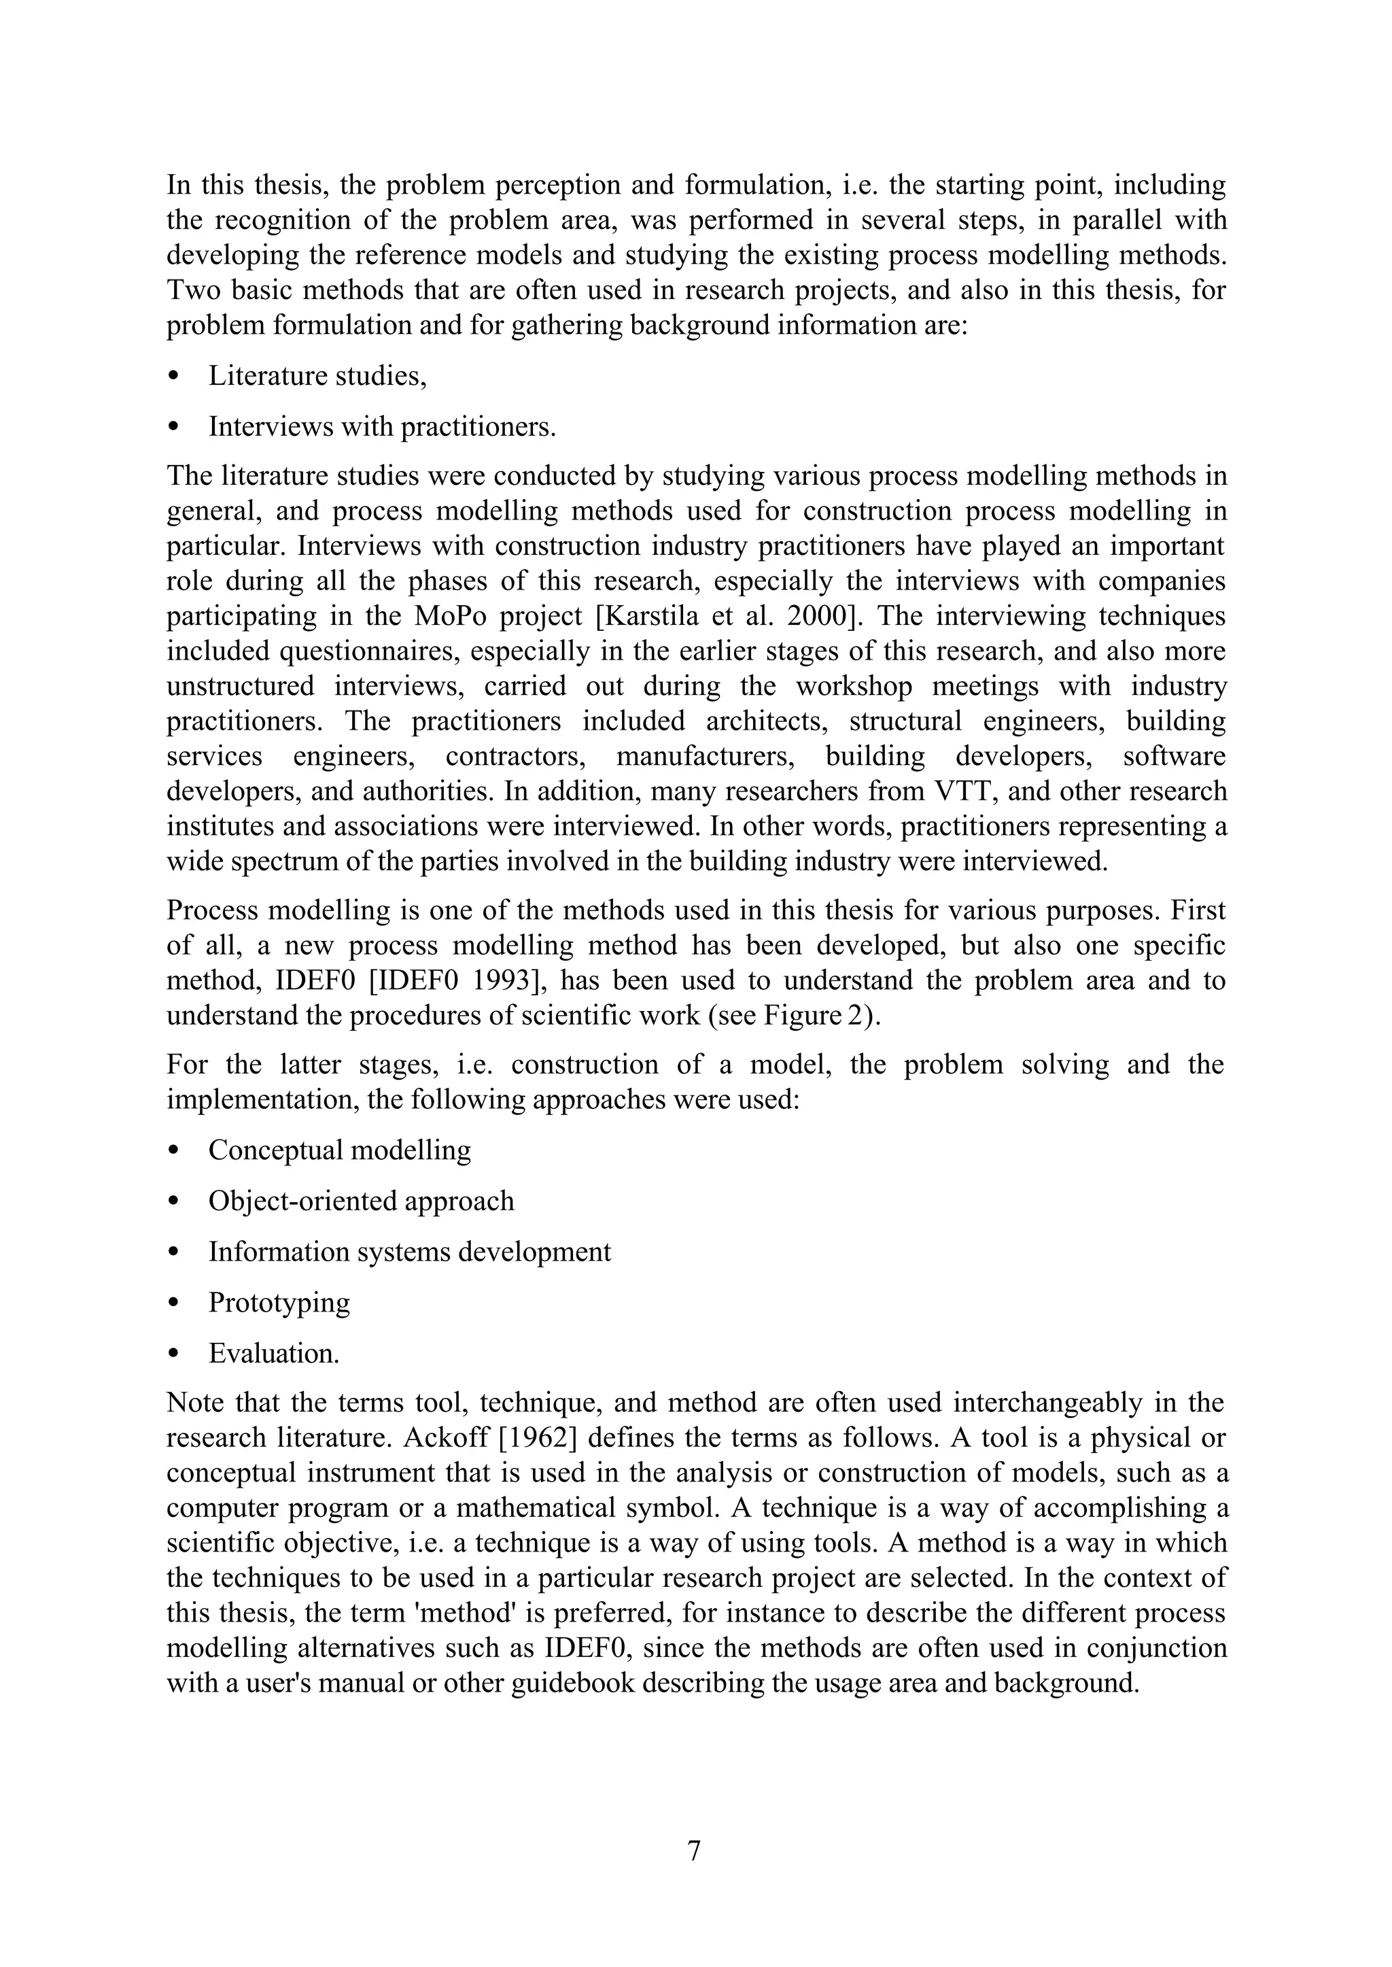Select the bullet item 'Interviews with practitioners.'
[x=382, y=426]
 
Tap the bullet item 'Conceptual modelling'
[x=339, y=1150]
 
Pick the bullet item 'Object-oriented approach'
[x=361, y=1201]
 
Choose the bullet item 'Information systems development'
[x=410, y=1251]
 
